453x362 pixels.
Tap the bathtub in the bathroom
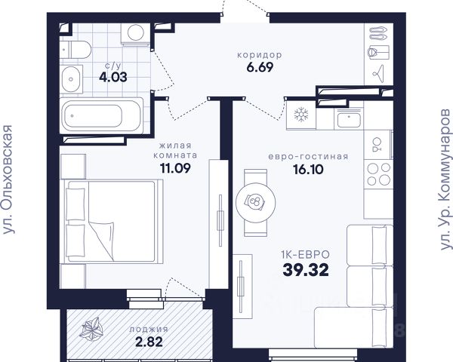[101, 115]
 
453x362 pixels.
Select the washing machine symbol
[135, 33]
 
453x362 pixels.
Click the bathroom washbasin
[71, 79]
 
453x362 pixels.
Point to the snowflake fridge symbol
[301, 114]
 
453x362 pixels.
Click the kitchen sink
[349, 119]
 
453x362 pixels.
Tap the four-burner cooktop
[378, 174]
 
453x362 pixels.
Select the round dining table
[255, 203]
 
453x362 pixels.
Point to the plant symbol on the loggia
[91, 328]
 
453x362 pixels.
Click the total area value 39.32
[306, 270]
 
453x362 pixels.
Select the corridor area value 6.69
[260, 67]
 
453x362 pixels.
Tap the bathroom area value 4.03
[113, 78]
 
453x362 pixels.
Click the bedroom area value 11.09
[175, 168]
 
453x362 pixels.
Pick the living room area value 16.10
[308, 170]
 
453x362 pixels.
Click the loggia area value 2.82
[149, 342]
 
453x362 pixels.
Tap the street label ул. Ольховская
[8, 179]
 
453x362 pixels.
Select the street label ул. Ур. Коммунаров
[445, 179]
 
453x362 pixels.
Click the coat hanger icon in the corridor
[378, 74]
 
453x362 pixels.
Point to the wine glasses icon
[377, 145]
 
